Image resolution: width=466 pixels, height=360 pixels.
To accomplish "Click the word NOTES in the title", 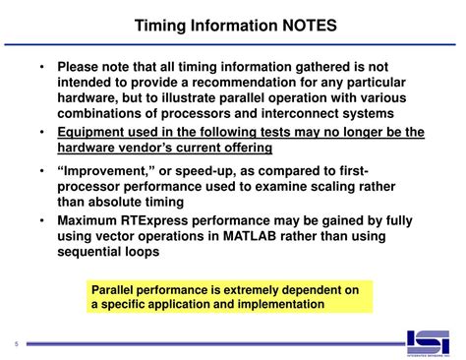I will (299, 23).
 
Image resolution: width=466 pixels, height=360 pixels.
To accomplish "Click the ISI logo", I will (430, 340).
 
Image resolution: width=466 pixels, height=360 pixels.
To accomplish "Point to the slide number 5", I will (17, 343).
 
